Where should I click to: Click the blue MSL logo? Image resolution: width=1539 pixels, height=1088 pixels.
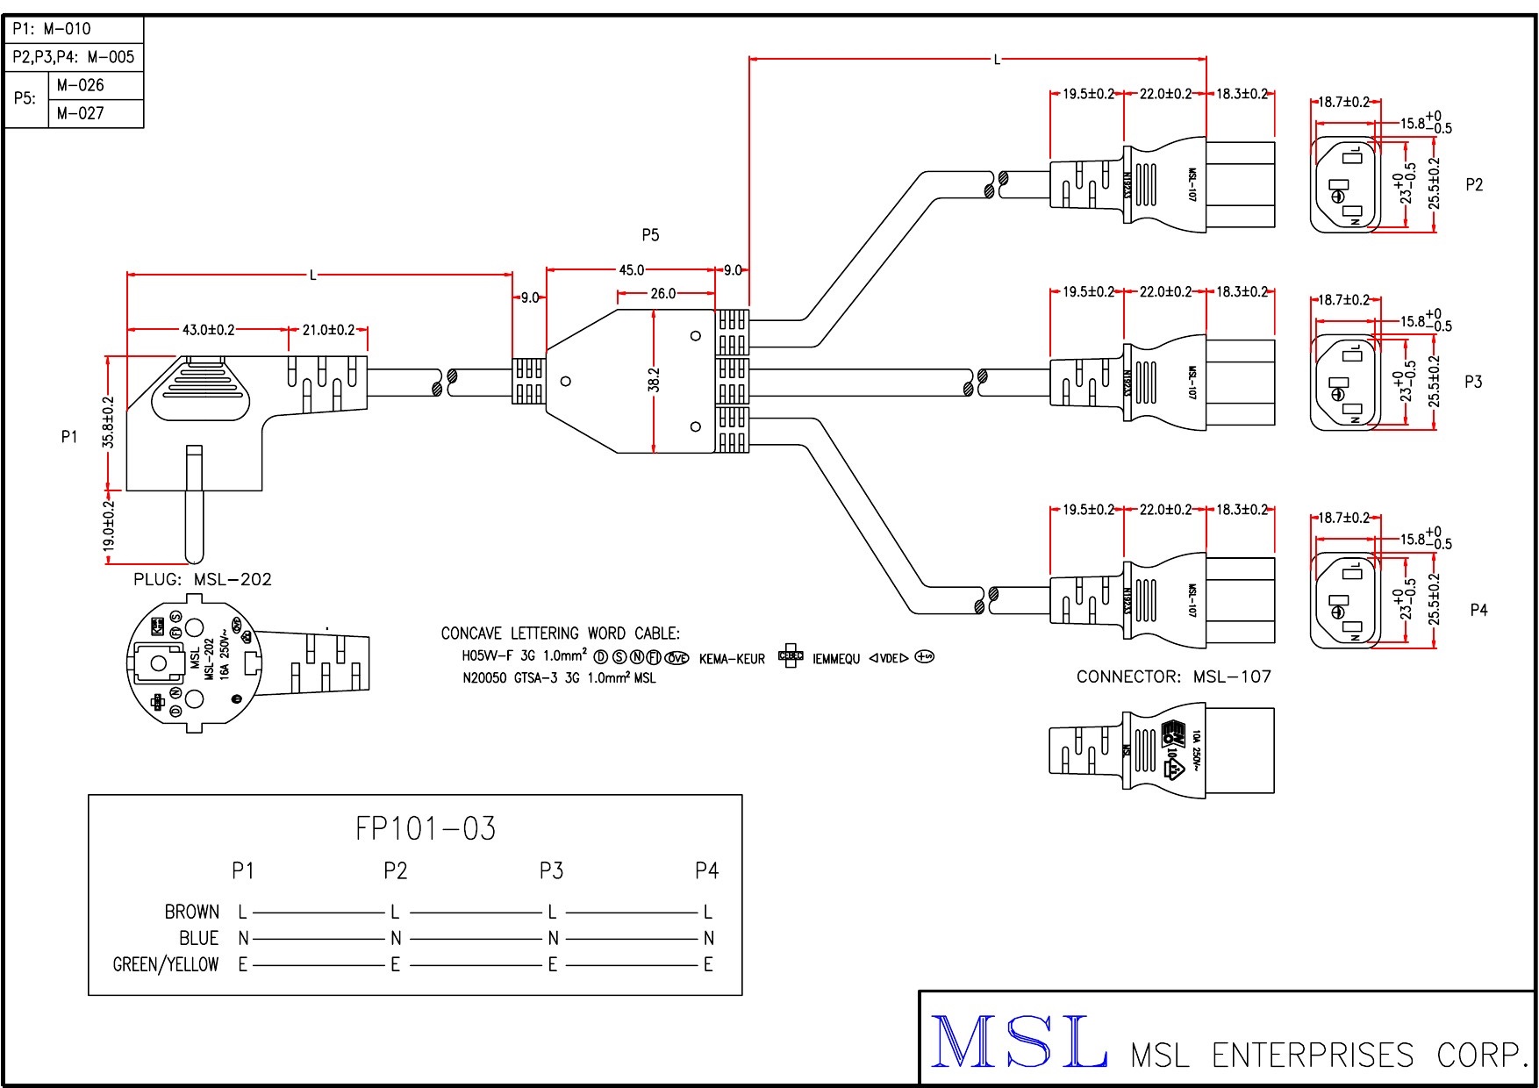click(1018, 1042)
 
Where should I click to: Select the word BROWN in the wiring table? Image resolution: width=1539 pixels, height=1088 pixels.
click(191, 913)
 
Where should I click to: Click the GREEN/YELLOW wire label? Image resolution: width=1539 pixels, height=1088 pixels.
click(166, 965)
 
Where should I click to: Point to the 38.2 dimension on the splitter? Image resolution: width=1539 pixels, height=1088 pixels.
click(654, 381)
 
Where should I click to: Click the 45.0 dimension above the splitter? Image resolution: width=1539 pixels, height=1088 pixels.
click(631, 270)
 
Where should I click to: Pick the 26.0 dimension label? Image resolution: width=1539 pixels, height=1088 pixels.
click(663, 294)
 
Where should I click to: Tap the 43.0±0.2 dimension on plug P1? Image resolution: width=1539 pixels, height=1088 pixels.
click(208, 330)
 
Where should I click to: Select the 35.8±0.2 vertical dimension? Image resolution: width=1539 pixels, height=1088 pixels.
click(109, 422)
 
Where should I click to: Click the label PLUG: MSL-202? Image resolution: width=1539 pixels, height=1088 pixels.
click(203, 580)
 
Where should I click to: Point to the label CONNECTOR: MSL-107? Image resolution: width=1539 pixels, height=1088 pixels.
click(1173, 676)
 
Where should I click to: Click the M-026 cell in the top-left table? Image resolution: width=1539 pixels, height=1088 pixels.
click(80, 85)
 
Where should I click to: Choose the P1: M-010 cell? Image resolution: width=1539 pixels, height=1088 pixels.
click(52, 29)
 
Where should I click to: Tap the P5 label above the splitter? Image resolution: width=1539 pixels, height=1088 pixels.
click(650, 235)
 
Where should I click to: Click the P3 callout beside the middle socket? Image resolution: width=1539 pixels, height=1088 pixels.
click(1473, 382)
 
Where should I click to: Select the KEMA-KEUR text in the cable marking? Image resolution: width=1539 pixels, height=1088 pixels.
click(732, 659)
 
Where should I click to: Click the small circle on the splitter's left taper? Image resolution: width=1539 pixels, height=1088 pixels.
click(566, 381)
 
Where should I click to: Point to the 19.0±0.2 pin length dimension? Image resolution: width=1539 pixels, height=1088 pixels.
click(109, 526)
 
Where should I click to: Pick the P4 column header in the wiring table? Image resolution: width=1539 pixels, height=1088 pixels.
click(706, 870)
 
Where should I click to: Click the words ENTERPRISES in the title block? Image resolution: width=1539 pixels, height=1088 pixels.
click(1313, 1055)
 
